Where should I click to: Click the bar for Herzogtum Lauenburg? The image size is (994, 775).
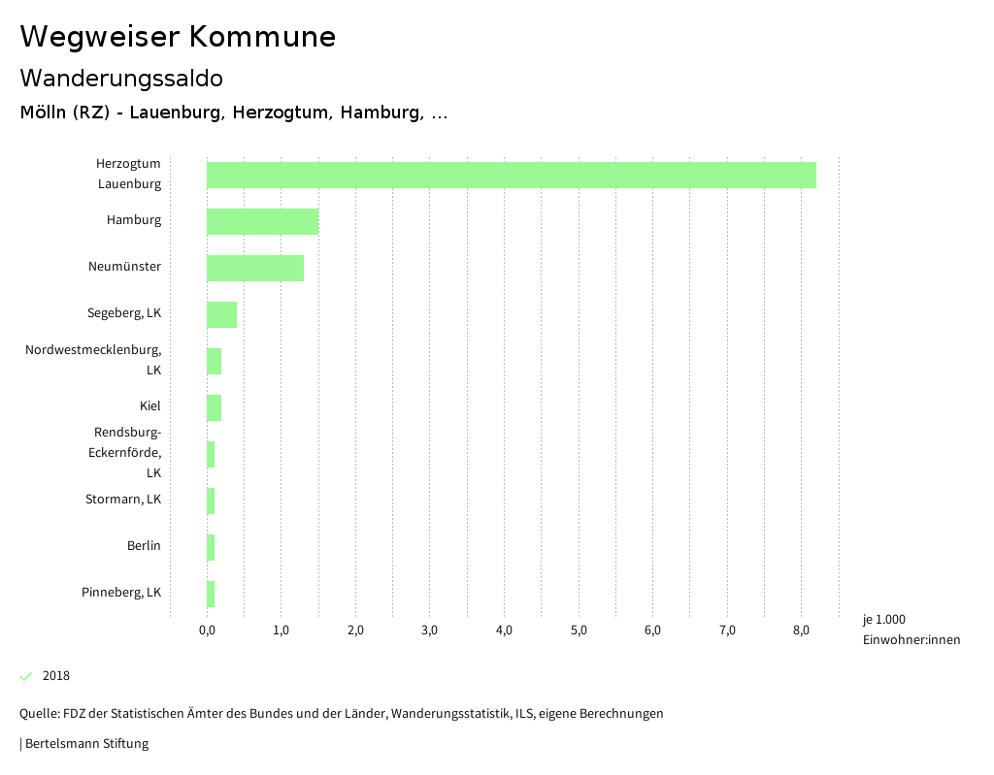[511, 175]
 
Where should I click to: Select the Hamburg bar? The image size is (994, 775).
[262, 221]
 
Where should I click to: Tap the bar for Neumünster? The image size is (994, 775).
[255, 268]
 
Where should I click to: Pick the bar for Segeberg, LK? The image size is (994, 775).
[221, 314]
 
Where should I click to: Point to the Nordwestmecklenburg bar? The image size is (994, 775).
[214, 361]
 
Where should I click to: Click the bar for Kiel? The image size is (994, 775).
[214, 407]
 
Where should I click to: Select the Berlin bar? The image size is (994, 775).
[211, 547]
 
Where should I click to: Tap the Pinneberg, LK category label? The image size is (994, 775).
[121, 592]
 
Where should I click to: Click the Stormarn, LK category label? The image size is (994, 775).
[123, 500]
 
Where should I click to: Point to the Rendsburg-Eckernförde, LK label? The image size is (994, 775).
[127, 452]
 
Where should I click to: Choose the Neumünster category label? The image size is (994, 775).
[124, 267]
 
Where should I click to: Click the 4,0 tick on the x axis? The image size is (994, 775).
[504, 630]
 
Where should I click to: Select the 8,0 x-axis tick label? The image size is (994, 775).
[801, 630]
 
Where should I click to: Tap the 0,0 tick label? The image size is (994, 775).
[207, 630]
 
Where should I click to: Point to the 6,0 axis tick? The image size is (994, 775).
[652, 630]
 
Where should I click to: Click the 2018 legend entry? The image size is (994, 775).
[55, 676]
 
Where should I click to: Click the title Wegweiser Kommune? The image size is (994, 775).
[178, 37]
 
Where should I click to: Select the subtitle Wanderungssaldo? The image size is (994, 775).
[121, 78]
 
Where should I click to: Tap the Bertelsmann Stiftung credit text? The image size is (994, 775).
[85, 744]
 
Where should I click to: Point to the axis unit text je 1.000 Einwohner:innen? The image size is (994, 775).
[911, 630]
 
